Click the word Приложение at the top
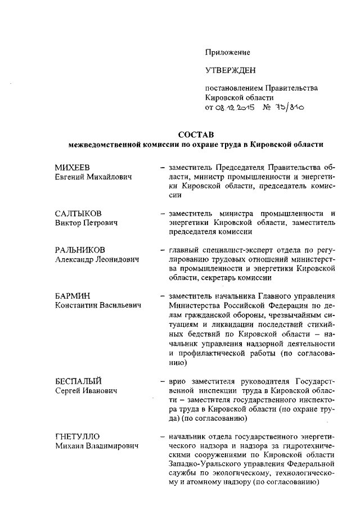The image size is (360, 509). tap(227, 52)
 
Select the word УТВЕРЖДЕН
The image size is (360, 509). tap(230, 70)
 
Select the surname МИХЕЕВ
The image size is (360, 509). tap(74, 168)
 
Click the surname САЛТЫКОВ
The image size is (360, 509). tap(78, 214)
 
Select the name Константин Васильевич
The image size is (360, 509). tap(98, 305)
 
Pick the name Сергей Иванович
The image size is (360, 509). tap(85, 390)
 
